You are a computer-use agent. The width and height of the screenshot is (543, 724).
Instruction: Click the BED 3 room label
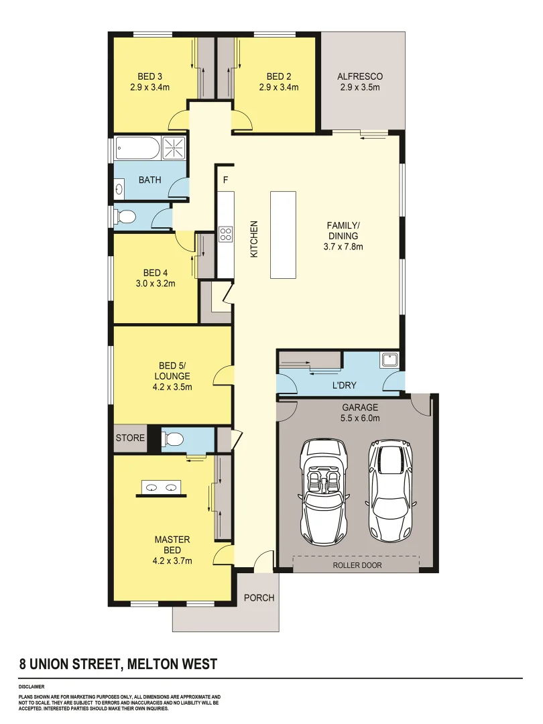click(x=150, y=76)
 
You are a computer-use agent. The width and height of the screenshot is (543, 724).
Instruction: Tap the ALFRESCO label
click(x=360, y=76)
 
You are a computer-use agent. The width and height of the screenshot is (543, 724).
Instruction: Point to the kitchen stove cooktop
click(x=225, y=235)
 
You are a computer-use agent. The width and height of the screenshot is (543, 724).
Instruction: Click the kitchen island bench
click(x=283, y=235)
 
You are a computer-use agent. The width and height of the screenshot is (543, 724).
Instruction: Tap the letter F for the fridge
click(x=225, y=180)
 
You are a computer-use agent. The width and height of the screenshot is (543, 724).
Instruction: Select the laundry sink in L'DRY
click(x=389, y=361)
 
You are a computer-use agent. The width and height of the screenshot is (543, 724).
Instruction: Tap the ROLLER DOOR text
click(x=357, y=565)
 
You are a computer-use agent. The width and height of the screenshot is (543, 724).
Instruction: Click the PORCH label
click(x=259, y=597)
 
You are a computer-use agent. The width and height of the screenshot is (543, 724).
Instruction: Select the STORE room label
click(x=130, y=438)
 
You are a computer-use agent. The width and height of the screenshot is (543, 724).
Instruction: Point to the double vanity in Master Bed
click(x=162, y=489)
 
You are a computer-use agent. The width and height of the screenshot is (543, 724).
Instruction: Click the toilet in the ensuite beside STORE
click(x=174, y=440)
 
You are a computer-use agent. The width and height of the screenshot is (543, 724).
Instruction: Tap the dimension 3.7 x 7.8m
click(x=343, y=246)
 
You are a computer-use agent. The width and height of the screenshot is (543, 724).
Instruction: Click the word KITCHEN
click(x=254, y=239)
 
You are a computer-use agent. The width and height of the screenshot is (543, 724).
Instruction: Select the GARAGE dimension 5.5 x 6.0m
click(x=361, y=418)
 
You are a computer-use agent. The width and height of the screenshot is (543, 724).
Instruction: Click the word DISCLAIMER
click(x=32, y=687)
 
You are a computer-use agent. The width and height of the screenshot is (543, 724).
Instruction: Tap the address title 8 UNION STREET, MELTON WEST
click(x=118, y=664)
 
